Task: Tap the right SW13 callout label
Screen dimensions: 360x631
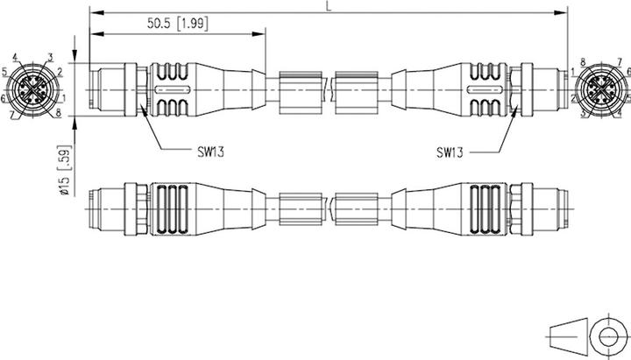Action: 450,151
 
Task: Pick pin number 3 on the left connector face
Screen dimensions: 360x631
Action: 50,57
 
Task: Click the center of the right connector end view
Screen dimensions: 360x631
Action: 600,89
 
